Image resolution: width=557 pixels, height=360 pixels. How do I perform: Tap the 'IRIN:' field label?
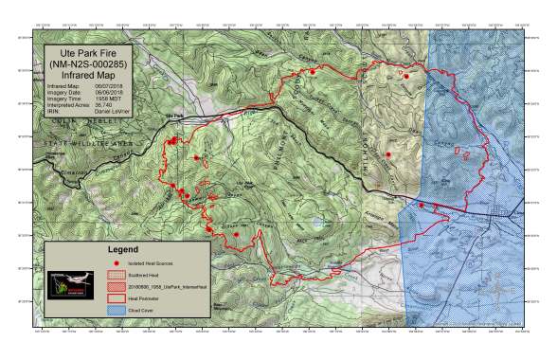pos(55,111)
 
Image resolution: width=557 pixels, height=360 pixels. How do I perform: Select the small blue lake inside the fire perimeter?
pos(315,223)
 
